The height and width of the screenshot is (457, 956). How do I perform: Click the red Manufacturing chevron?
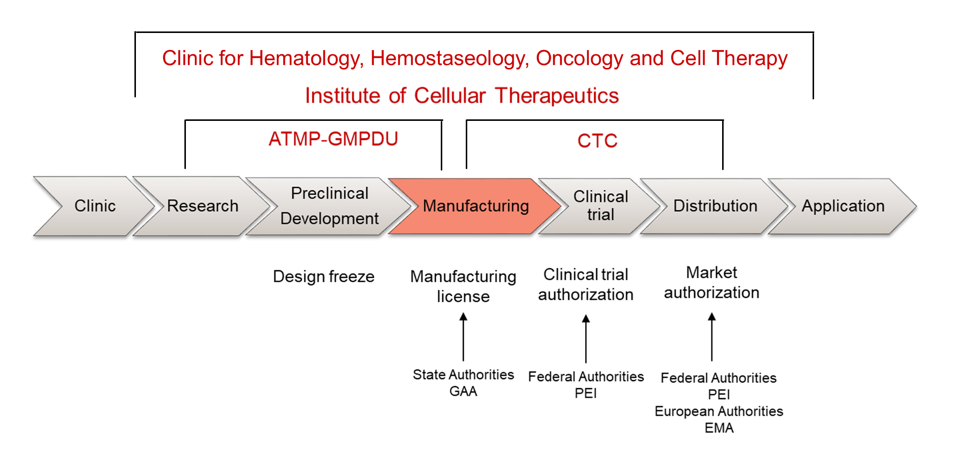pos(475,206)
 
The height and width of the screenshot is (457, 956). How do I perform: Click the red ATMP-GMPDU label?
pos(333,139)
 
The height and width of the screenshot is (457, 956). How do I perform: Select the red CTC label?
pos(597,141)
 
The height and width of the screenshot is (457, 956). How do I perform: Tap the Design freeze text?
pos(323,276)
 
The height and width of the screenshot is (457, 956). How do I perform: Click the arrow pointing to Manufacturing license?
pos(463,337)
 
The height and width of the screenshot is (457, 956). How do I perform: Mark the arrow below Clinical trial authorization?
pos(586,339)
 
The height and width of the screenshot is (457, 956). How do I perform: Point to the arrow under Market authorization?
pos(712,337)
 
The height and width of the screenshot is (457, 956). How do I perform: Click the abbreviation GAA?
pos(463,391)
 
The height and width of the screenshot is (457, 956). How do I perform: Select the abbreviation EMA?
pos(719,428)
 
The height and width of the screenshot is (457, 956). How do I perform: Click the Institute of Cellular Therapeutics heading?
pos(462,95)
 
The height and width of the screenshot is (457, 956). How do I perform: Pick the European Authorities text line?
pos(719,412)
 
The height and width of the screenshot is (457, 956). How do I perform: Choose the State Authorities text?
pos(463,375)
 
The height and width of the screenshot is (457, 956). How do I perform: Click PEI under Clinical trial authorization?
pos(586,393)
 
